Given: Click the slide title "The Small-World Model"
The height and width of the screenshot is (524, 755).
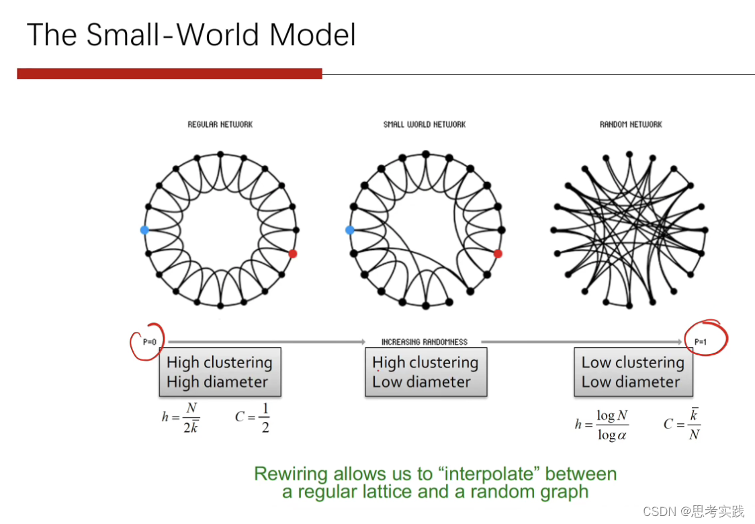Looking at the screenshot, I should point(191,35).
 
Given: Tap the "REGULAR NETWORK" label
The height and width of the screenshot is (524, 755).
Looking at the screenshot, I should point(220,124).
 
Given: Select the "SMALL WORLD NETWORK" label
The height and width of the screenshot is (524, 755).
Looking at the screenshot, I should point(425,124).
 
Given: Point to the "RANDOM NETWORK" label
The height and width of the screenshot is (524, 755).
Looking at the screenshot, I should point(631,124).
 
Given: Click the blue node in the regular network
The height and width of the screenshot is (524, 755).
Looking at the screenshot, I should point(144,230).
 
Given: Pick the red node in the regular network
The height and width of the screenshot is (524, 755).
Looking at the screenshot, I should point(293,253).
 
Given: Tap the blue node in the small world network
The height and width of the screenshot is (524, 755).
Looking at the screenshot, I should point(349,230).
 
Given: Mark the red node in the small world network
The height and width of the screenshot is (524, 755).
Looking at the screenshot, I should point(498,253).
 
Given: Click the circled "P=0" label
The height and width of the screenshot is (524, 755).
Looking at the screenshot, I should point(149,342).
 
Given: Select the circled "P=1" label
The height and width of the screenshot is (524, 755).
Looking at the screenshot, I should point(701,342).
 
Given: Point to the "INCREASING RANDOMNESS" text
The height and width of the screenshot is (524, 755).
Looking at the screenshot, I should point(425,342).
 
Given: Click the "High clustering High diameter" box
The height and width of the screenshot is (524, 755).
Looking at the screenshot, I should point(220,372).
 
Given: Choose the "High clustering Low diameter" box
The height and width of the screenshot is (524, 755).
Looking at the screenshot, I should point(425,372).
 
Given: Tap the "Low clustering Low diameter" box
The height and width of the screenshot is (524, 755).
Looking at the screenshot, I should point(633,372).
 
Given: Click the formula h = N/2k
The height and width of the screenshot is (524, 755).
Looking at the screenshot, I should point(181,417).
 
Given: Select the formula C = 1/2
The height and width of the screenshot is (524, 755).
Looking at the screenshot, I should point(253,417).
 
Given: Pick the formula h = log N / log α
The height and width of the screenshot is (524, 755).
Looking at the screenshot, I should point(602,425).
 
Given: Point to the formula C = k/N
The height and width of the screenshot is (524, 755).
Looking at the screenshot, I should point(682,424).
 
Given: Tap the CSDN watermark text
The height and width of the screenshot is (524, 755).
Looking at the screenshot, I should point(693,511).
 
